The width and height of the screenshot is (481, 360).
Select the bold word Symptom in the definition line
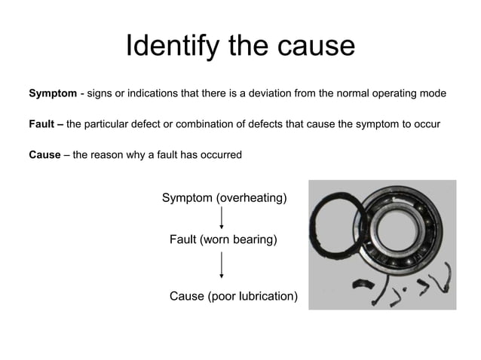[52, 94]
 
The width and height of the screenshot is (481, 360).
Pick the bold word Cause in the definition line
[44, 155]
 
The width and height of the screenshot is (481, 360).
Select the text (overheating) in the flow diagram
[252, 198]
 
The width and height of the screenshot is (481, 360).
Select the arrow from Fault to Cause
[222, 266]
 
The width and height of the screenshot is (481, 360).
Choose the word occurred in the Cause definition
[219, 155]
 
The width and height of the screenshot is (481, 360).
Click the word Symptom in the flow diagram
[188, 198]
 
